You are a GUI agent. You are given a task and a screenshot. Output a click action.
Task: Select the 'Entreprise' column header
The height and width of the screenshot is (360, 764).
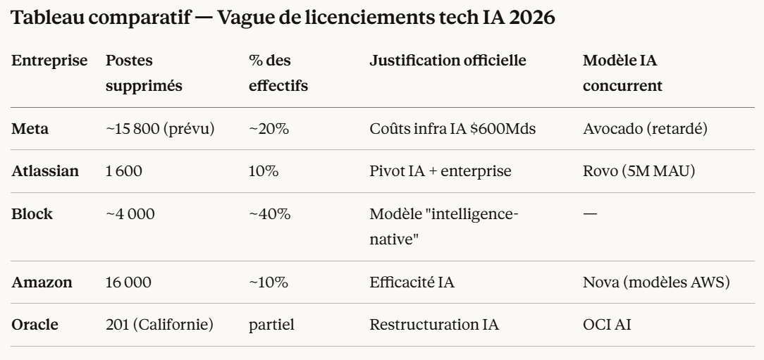pos(49,61)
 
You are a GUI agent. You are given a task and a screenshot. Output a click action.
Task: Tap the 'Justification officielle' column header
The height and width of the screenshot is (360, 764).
pos(448,61)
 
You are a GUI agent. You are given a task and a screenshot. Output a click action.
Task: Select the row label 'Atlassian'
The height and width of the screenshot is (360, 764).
pos(45,171)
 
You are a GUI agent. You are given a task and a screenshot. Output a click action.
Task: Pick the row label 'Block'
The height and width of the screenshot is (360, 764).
pos(32,213)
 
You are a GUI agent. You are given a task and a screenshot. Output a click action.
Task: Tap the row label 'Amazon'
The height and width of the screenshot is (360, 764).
pos(42,283)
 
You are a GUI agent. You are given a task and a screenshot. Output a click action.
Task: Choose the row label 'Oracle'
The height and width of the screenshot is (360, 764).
pos(35,325)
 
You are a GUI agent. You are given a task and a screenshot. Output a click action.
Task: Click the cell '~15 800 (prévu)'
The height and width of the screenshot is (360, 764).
pos(160,129)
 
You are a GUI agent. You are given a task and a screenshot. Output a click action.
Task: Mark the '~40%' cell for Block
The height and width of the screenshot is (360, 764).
pos(269,213)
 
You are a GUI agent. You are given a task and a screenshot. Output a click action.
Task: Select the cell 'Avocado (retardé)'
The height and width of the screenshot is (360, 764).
pos(645,129)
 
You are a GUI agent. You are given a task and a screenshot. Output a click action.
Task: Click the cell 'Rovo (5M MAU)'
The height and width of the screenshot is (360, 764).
pos(639,171)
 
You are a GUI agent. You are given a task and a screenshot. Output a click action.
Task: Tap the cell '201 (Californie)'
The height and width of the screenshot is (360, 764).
pos(159,325)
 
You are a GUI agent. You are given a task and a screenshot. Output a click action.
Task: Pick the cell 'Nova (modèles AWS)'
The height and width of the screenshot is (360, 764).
pos(655,283)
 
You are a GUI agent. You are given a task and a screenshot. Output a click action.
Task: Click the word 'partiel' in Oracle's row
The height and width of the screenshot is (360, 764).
pos(271,325)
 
